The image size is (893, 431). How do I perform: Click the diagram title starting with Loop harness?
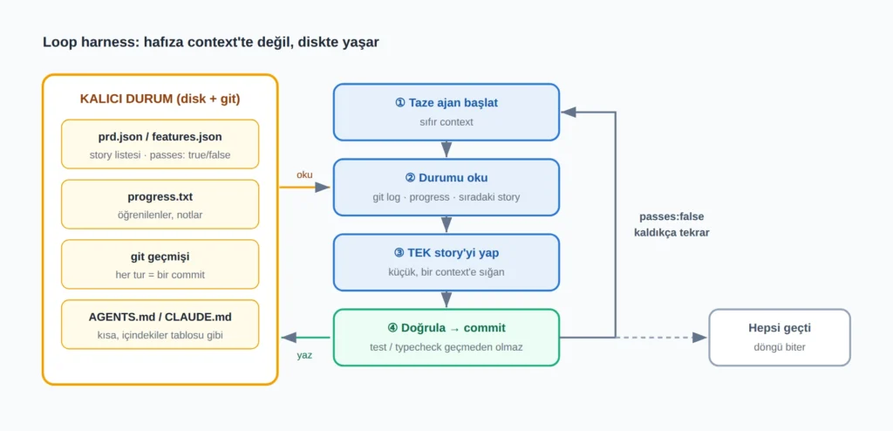211,42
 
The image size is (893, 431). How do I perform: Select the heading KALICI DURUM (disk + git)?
160,99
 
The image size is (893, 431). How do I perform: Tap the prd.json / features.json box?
160,144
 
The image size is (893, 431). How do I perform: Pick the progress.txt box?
160,204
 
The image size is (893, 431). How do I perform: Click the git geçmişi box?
160,264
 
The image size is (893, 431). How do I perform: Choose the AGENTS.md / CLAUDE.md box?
160,325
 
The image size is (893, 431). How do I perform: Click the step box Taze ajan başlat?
446,112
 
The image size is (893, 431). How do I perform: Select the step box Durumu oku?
446,187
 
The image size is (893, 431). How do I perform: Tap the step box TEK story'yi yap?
446,263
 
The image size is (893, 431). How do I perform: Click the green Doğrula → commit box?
446,337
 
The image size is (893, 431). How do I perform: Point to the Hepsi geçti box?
780,337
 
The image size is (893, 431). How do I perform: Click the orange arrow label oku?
304,175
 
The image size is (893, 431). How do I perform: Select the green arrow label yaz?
304,355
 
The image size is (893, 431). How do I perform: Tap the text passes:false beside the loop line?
671,216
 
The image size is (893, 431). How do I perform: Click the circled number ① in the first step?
399,103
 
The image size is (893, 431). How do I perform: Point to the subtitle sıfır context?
446,122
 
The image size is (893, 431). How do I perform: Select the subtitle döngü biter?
780,346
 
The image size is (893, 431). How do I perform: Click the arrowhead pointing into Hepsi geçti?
700,338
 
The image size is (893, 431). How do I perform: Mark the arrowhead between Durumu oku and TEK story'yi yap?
446,225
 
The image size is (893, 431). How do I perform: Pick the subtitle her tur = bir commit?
160,275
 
